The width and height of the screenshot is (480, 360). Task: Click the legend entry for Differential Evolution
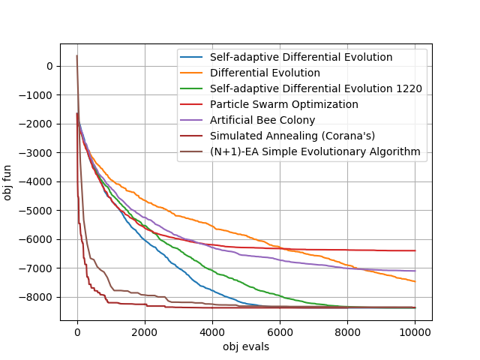(265, 73)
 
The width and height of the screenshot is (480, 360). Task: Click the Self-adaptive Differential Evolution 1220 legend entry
(316, 88)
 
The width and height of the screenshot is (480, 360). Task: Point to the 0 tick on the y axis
(49, 66)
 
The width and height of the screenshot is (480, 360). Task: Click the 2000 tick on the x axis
(145, 332)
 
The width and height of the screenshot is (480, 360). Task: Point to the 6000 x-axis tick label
(280, 332)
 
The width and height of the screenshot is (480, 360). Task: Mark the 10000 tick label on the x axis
(415, 332)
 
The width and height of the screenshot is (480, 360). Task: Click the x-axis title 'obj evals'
(246, 346)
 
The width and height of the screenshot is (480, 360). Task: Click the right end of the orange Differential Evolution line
(415, 281)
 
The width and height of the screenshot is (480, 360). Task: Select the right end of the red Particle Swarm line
(415, 250)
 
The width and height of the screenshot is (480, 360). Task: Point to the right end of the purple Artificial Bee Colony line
(415, 271)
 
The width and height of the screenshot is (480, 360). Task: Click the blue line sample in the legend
(192, 57)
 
